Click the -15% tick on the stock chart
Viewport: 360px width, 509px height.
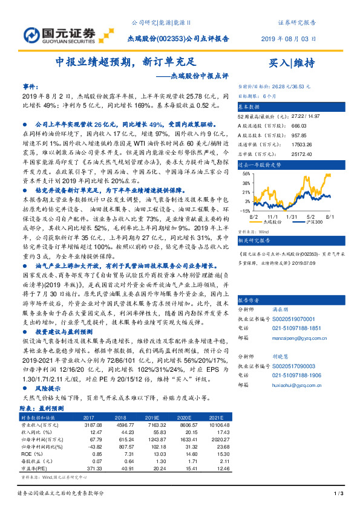[x=245, y=211]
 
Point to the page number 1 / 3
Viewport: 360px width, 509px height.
[x=338, y=493]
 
